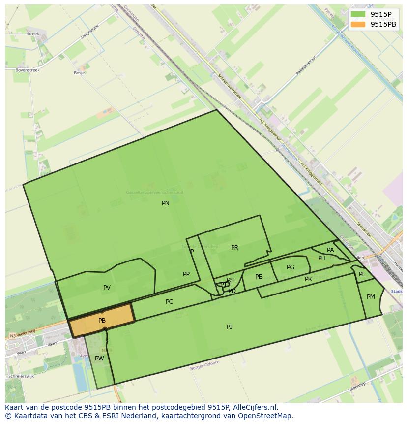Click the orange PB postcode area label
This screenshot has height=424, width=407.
click(x=102, y=321)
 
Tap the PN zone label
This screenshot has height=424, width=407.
click(x=166, y=203)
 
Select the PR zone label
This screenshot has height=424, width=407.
click(x=234, y=248)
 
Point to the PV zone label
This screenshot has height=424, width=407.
click(x=107, y=288)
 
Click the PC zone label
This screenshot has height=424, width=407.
click(x=169, y=302)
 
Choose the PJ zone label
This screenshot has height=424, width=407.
click(x=230, y=326)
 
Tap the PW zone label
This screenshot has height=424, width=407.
click(x=99, y=359)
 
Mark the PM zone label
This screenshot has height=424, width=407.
click(x=371, y=296)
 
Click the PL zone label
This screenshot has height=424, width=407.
click(x=362, y=274)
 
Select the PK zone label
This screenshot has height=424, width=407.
click(x=308, y=279)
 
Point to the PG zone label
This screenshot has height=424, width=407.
click(x=291, y=267)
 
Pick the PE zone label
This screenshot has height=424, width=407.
click(x=259, y=277)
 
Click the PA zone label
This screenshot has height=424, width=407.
click(x=330, y=250)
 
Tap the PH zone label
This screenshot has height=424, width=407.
click(x=321, y=258)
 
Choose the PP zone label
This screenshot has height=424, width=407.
click(x=186, y=274)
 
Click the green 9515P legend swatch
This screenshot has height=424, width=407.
click(x=358, y=14)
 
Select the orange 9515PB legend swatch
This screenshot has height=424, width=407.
click(x=358, y=24)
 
